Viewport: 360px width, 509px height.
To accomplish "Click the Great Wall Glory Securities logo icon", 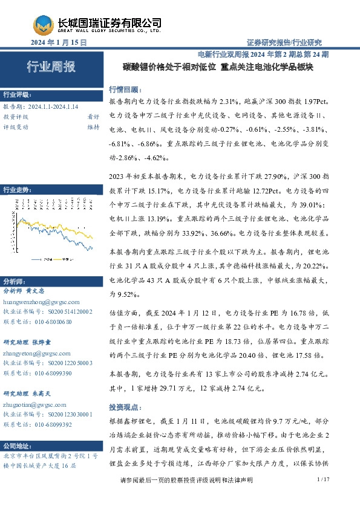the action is [43, 25].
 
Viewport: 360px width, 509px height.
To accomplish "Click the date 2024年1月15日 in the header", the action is [58, 43].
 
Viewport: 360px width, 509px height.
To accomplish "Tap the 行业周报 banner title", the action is [51, 67].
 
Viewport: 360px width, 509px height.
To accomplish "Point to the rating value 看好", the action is [93, 116].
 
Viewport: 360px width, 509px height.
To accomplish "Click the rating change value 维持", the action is [93, 127].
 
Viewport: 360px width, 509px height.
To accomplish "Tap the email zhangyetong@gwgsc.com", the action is [36, 352].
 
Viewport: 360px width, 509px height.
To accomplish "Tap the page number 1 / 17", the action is [322, 496].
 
